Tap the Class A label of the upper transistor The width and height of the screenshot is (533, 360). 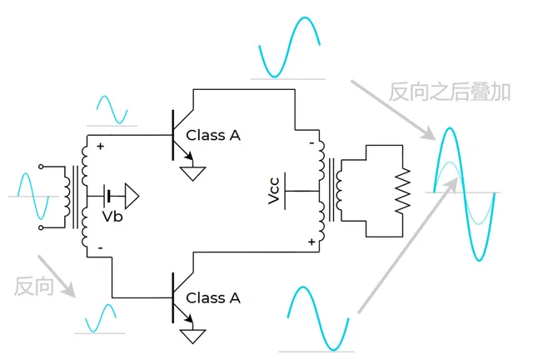(x=213, y=135)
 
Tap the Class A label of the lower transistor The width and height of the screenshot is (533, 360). (x=213, y=297)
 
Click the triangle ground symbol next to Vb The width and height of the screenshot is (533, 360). (x=131, y=197)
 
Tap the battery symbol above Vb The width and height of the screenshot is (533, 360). (x=109, y=197)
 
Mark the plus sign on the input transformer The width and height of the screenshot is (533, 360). (x=101, y=147)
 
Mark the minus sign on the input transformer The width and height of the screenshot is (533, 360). (x=101, y=248)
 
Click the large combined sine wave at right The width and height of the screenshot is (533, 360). (x=461, y=192)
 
